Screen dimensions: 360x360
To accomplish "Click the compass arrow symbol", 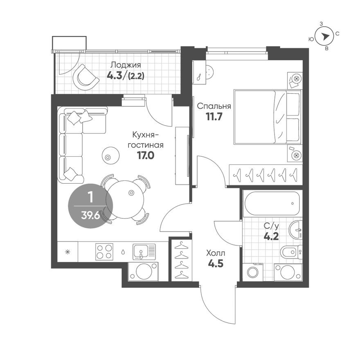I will click(x=325, y=36).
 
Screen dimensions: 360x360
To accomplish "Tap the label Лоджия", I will click(x=126, y=65).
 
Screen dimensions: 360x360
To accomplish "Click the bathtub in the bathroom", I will click(x=272, y=203).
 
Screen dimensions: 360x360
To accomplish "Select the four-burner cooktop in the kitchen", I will click(x=104, y=252).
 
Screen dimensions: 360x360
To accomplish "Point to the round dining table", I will click(x=126, y=198).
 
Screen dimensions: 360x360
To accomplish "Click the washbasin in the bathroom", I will click(x=296, y=230).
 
